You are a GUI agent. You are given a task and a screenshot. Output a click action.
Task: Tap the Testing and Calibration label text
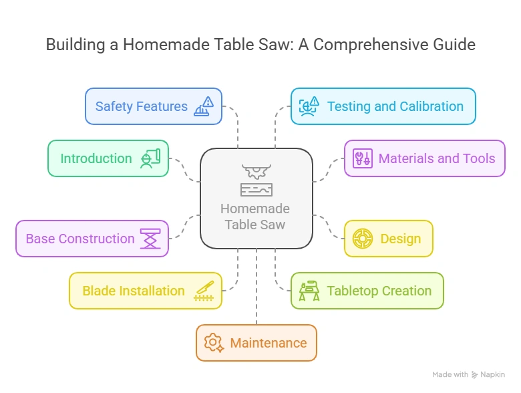(x=395, y=106)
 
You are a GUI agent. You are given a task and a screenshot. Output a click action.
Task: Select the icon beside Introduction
(x=150, y=158)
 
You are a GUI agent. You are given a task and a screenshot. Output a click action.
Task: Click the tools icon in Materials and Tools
(x=363, y=158)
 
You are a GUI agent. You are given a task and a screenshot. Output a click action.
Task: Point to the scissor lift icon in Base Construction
(x=150, y=239)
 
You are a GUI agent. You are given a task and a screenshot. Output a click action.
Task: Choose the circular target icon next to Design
(x=363, y=239)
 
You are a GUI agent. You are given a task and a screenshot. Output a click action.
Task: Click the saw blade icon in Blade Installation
(x=204, y=291)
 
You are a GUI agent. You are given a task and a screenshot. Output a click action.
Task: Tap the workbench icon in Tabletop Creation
(x=309, y=291)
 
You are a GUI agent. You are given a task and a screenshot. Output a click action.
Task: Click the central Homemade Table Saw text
(x=256, y=217)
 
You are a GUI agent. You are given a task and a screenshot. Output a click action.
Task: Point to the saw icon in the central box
(x=256, y=180)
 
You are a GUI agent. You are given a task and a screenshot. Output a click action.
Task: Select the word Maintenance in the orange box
(x=269, y=343)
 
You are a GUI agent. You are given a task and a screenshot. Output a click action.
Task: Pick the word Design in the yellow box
(x=401, y=239)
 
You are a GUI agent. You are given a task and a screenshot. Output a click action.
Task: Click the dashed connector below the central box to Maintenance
(x=256, y=287)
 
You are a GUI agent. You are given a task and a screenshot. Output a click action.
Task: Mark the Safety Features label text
(x=142, y=106)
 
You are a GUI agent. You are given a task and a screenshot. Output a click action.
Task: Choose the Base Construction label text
(x=80, y=239)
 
